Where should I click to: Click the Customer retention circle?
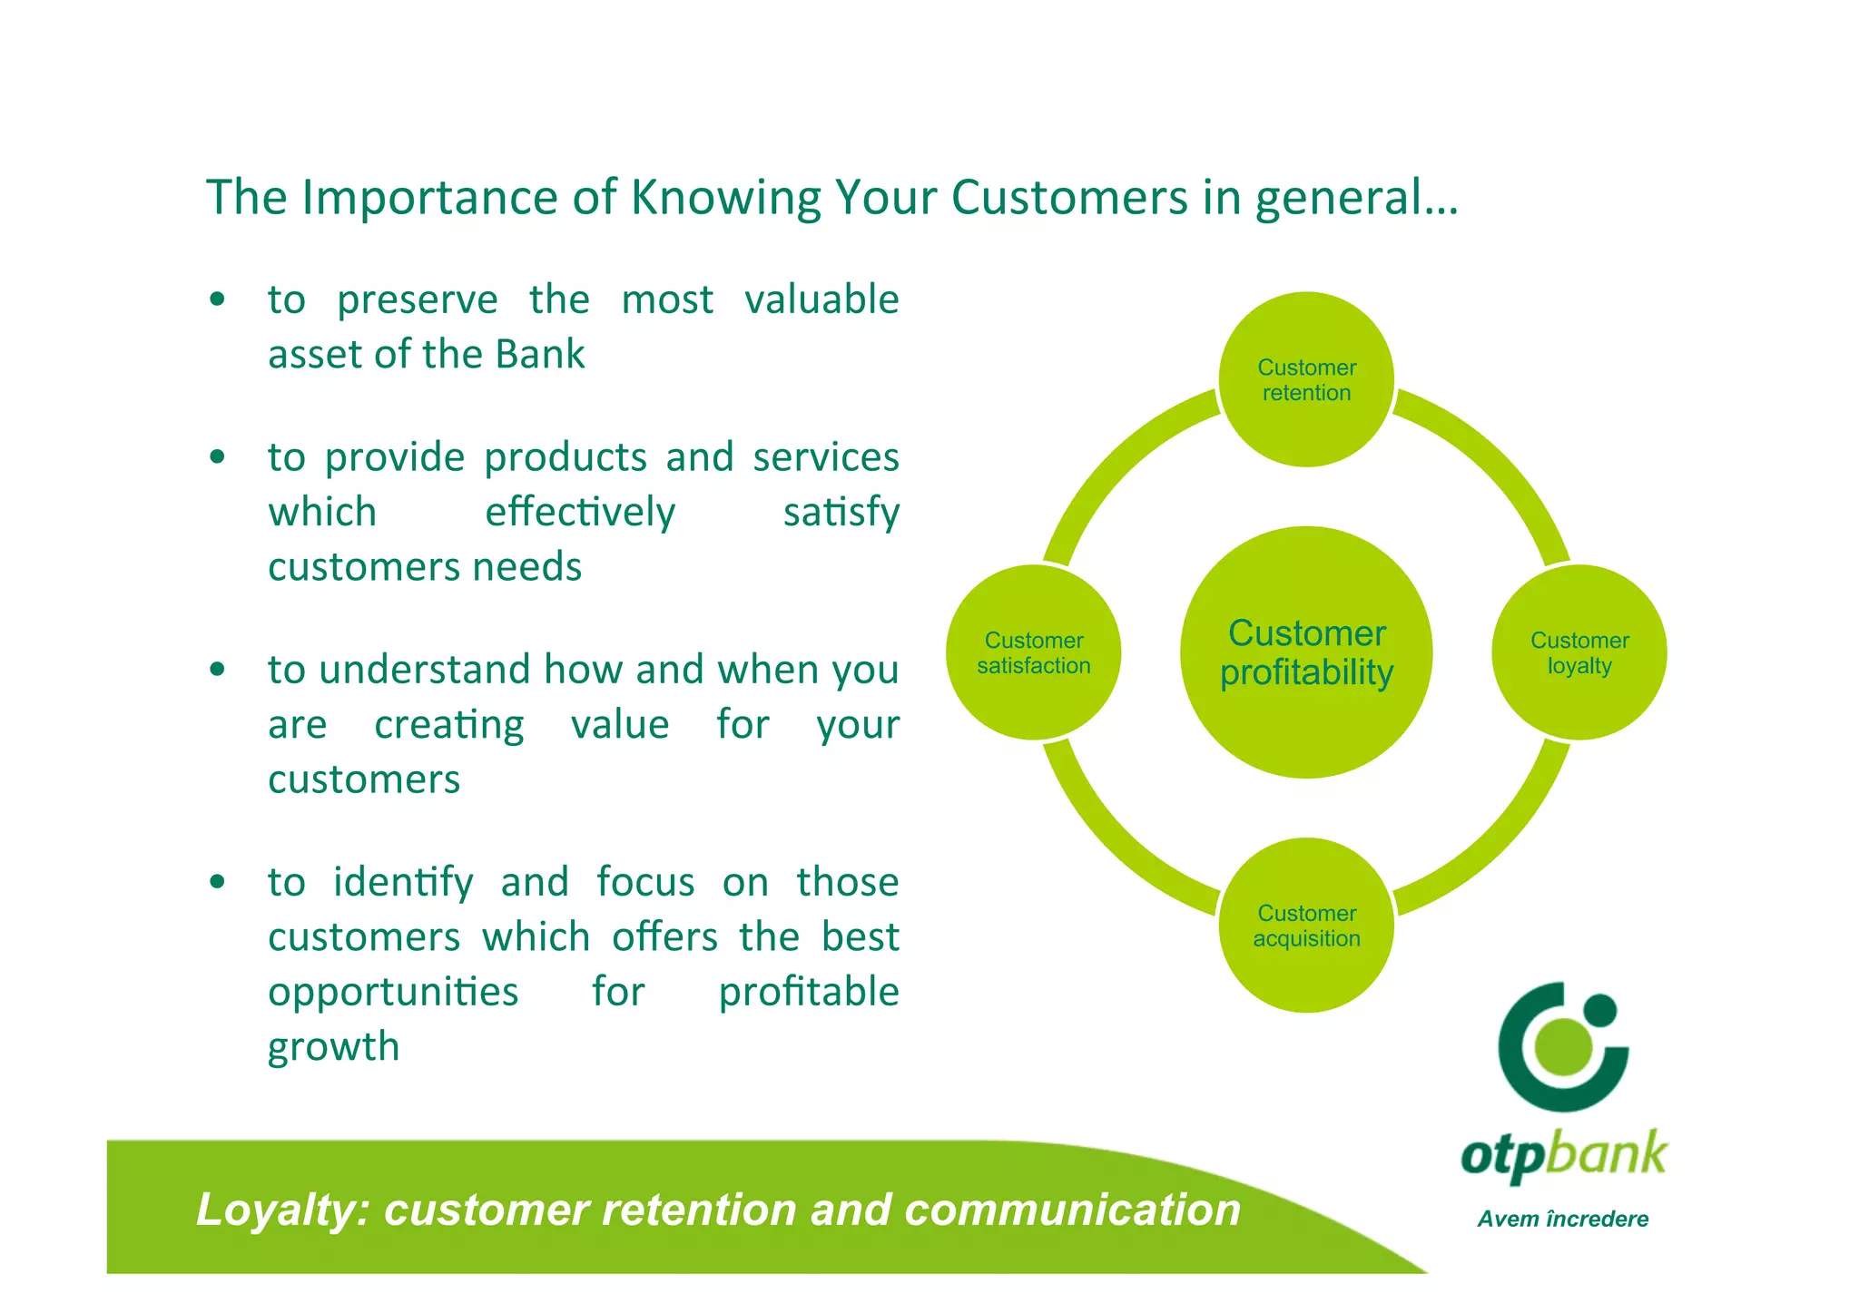pos(1305,379)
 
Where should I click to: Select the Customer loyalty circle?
pos(1579,652)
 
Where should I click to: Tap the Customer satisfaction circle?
pos(1033,652)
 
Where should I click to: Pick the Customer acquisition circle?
pos(1305,925)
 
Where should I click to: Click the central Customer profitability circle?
pos(1305,652)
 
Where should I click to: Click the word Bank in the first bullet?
pos(539,354)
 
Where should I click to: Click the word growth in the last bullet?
pos(333,1046)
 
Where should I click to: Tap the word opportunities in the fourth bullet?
pos(392,991)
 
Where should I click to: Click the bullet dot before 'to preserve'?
pos(217,299)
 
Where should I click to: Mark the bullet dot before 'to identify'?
pos(217,882)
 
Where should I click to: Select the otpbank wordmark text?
pos(1562,1155)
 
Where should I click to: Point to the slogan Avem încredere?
pos(1562,1219)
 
